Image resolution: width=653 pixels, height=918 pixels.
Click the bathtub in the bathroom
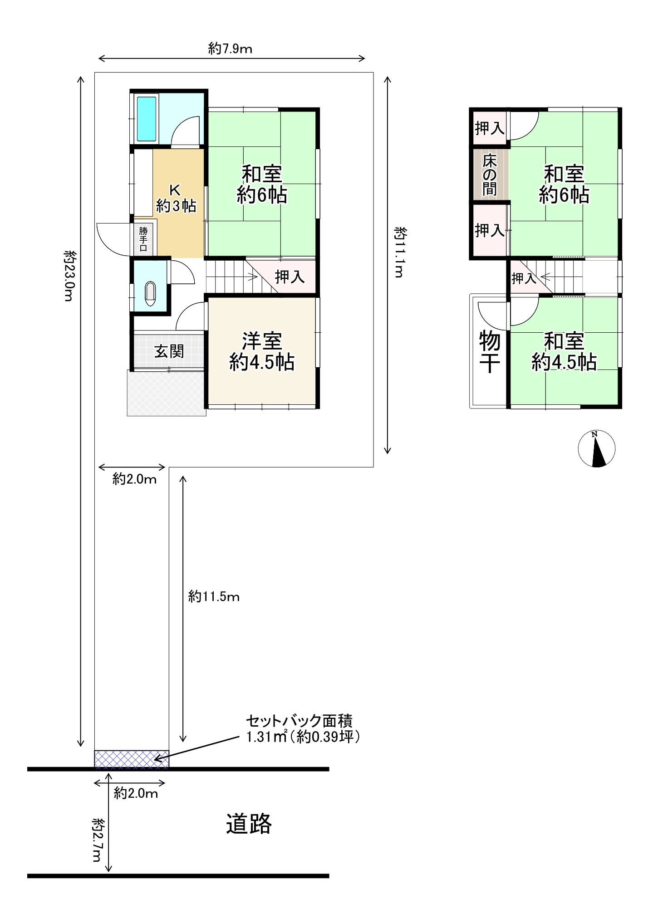[147, 119]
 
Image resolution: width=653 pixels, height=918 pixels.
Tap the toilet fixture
[150, 293]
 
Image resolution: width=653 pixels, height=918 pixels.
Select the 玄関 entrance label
[169, 351]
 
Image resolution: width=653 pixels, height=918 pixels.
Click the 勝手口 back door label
[143, 238]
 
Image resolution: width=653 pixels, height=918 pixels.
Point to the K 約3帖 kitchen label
[176, 198]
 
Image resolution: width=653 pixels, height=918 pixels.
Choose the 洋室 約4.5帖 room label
[262, 352]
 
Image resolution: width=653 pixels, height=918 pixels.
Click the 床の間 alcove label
[490, 175]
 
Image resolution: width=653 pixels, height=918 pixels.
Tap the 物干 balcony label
[490, 352]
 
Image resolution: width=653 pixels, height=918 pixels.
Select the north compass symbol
[596, 448]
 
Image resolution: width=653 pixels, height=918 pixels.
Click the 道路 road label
[249, 824]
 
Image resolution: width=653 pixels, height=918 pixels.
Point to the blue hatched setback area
[132, 759]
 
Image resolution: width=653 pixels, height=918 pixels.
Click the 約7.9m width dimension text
[230, 49]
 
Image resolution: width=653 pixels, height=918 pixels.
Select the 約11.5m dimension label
[214, 597]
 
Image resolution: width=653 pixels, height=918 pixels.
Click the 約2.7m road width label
[98, 840]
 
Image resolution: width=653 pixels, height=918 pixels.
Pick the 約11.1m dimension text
[400, 252]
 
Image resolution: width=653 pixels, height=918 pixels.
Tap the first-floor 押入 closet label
[290, 277]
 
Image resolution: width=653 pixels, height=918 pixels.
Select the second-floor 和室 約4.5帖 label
[564, 352]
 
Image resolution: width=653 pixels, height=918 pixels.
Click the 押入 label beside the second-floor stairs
[524, 278]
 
